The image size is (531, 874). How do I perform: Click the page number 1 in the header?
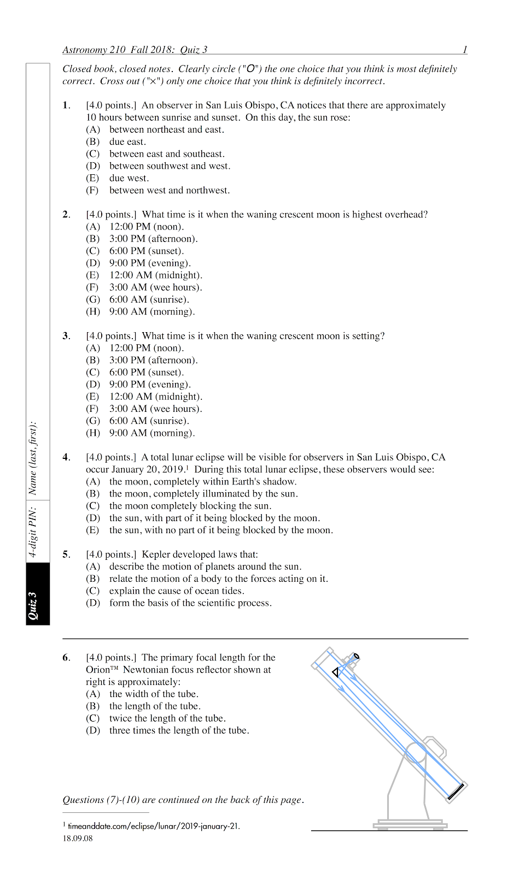point(465,50)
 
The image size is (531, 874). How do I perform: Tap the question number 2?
point(66,215)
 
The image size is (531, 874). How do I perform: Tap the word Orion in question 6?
point(97,670)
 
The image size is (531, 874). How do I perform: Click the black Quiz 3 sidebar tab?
point(38,594)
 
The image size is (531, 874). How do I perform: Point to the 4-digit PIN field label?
point(33,532)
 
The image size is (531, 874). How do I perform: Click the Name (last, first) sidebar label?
point(33,458)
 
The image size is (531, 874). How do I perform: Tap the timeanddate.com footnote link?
point(153,826)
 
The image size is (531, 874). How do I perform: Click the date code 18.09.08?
point(78,838)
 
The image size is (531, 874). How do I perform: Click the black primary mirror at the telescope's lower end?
point(456,792)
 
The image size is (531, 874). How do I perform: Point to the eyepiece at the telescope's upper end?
point(355,657)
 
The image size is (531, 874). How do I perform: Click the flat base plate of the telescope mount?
point(410,825)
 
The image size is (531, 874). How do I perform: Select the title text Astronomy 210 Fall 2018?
point(118,50)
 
